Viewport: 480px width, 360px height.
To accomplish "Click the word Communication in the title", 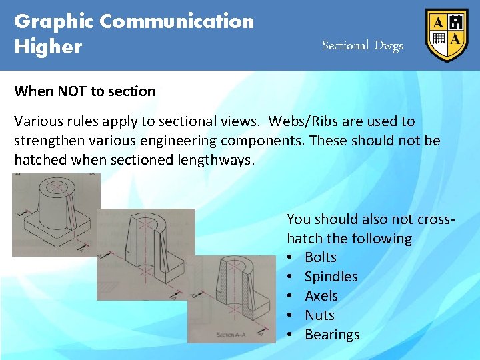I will coord(177,21).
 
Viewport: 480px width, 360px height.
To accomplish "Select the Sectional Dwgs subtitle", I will coord(362,45).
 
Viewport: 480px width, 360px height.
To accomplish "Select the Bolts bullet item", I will coord(320,257).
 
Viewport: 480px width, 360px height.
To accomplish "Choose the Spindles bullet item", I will coord(331,277).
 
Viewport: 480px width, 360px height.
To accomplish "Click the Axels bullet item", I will coord(321,296).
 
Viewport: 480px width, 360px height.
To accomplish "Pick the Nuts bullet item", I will coord(319,315).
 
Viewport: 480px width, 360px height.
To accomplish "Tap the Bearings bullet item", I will coord(332,335).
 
